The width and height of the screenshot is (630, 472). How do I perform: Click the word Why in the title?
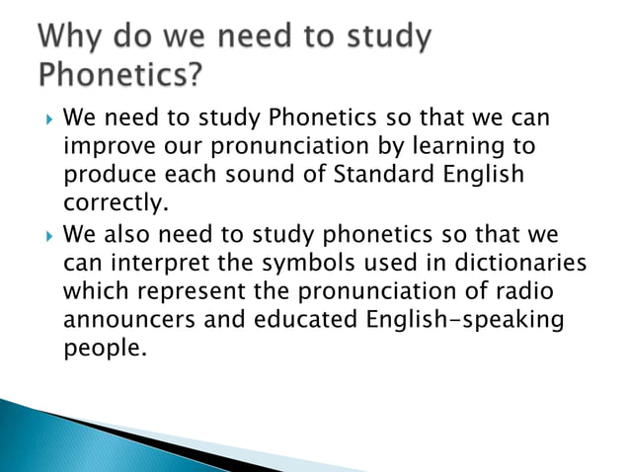[x=75, y=39]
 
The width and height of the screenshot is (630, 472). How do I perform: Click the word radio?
[x=517, y=293]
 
